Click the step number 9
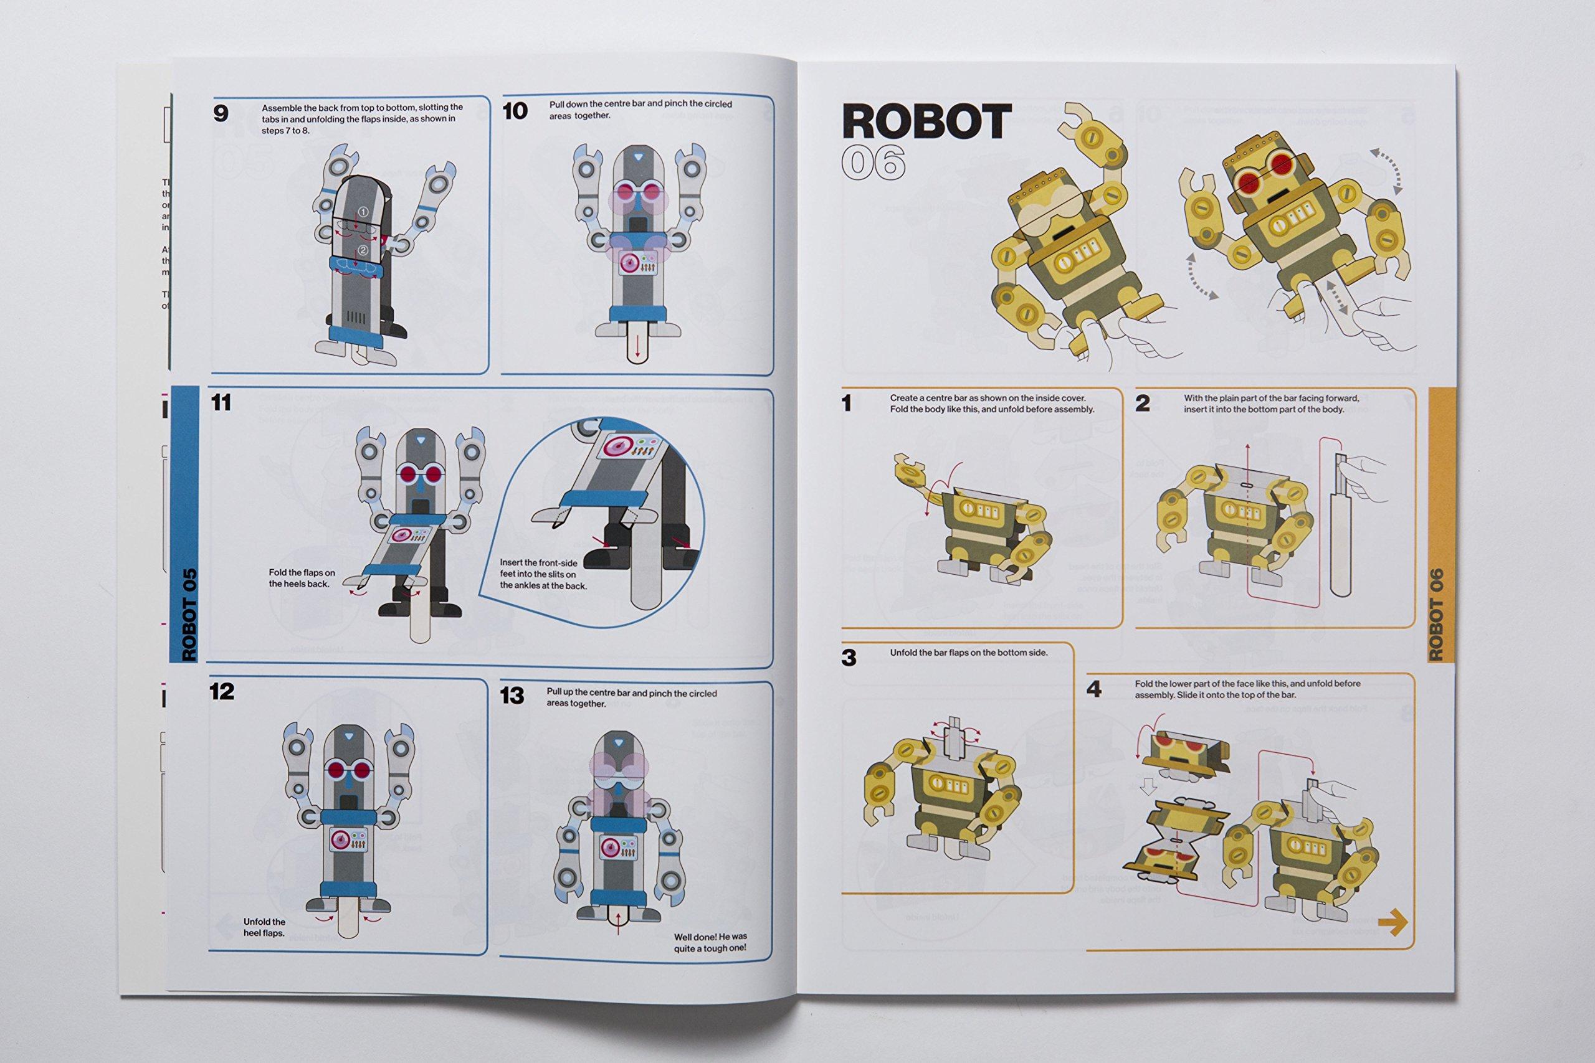point(221,113)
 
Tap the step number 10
point(515,111)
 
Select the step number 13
point(512,696)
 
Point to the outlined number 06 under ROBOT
point(874,163)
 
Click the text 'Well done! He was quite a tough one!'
point(710,942)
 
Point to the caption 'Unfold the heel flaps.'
point(264,927)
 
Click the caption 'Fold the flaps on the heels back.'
point(301,579)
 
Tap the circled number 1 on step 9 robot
point(363,213)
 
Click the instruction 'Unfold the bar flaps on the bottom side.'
point(968,653)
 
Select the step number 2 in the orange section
point(1143,404)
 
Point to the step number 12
point(222,691)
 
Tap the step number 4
point(1094,689)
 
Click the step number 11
point(221,403)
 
